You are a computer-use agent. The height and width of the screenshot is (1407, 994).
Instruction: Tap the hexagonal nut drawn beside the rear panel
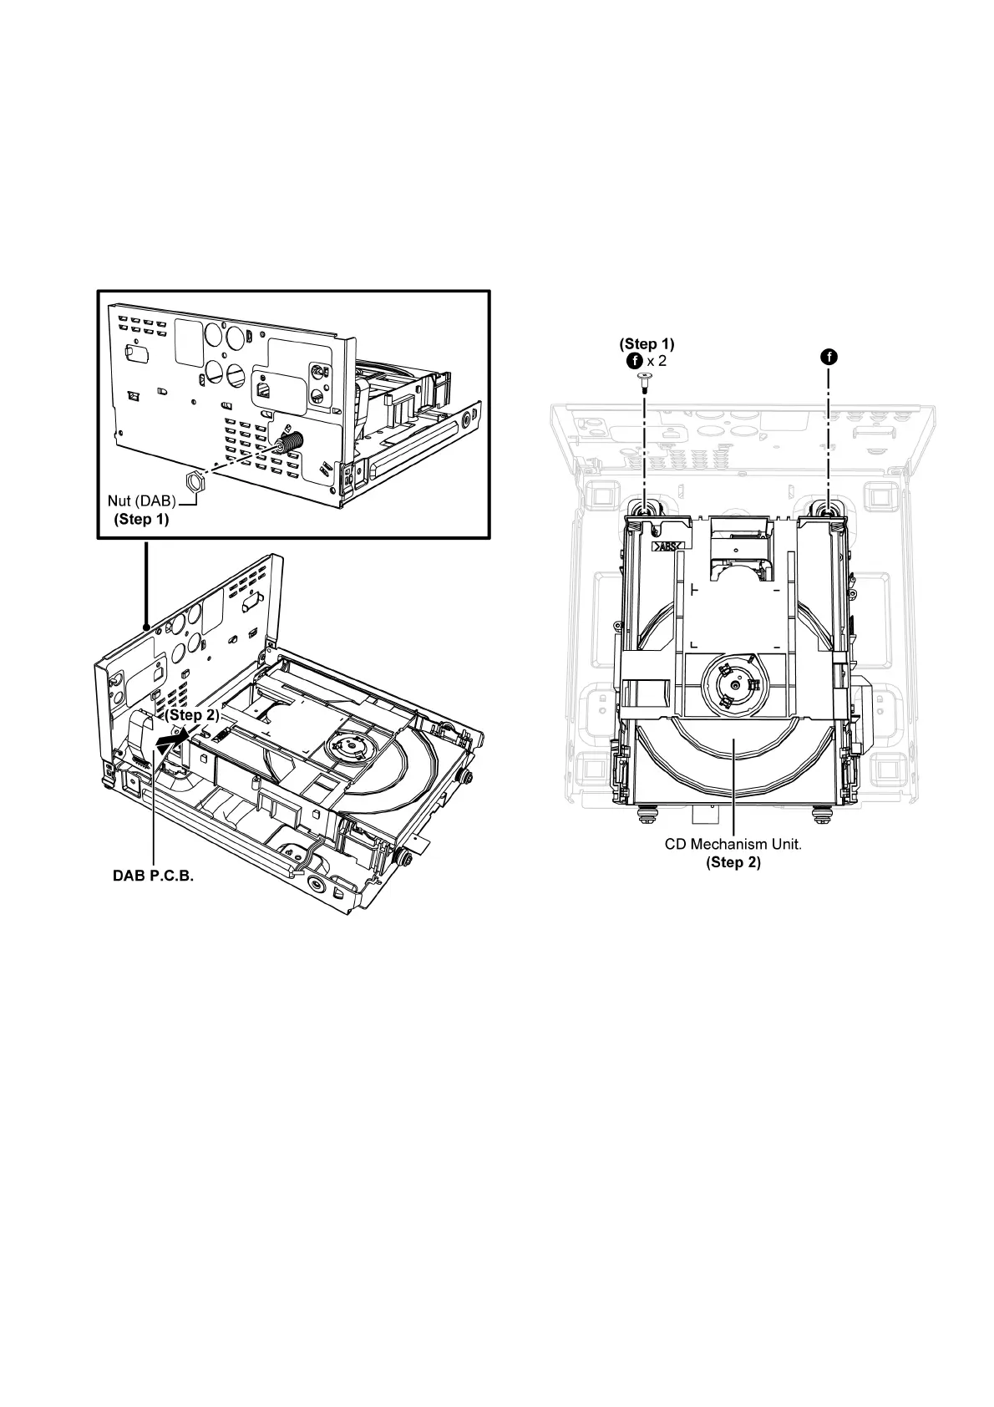tap(193, 480)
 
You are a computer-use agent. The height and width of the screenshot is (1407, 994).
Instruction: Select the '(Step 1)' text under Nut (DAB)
tap(141, 520)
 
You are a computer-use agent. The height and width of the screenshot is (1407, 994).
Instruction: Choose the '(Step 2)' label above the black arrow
tap(191, 715)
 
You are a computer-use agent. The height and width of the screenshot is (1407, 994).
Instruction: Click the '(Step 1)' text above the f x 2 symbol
tap(647, 343)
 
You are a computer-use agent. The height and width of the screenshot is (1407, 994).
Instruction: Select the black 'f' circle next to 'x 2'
tap(634, 361)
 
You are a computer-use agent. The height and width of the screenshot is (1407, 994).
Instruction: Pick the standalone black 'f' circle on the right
tap(829, 357)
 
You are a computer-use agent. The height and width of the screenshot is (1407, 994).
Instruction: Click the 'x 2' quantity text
tap(657, 361)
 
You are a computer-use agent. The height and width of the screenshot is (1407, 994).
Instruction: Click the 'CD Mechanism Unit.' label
tap(733, 844)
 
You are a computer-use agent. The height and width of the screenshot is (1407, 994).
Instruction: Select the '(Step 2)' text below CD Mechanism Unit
tap(733, 862)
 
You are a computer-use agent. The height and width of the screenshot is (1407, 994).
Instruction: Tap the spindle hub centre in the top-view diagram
tap(733, 685)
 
